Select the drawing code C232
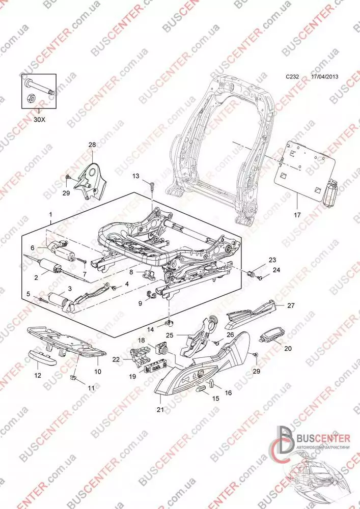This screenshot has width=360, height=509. (x=292, y=77)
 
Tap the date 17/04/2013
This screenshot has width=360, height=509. (x=324, y=77)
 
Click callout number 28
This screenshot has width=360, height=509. (x=92, y=145)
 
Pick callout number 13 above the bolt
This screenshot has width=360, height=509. (x=135, y=176)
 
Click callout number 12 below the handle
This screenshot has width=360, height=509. (x=37, y=376)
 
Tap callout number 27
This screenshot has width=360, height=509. (x=291, y=306)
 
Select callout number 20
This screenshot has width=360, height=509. (x=288, y=349)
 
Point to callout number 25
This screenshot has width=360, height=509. (x=169, y=335)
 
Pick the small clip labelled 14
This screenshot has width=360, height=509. (x=168, y=323)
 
